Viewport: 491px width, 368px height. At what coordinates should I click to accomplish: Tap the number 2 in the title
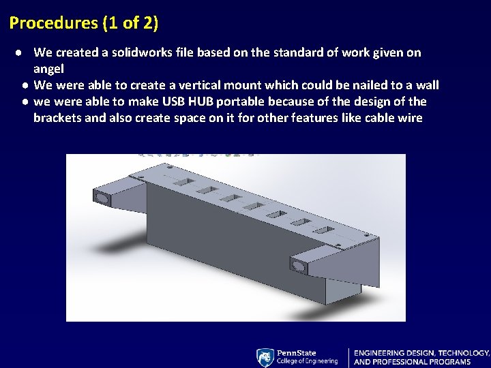tap(149, 23)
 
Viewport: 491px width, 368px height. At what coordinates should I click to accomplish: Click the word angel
tap(48, 69)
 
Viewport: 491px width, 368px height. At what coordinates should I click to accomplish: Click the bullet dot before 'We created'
tap(23, 52)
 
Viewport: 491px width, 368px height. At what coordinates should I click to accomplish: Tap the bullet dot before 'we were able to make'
tap(24, 102)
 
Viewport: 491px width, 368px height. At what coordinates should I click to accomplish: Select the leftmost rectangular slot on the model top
tap(182, 182)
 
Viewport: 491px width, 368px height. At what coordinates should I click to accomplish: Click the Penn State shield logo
tap(265, 357)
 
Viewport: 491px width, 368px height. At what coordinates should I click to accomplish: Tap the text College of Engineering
tap(307, 361)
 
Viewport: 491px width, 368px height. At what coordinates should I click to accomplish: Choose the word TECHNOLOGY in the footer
tap(464, 353)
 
